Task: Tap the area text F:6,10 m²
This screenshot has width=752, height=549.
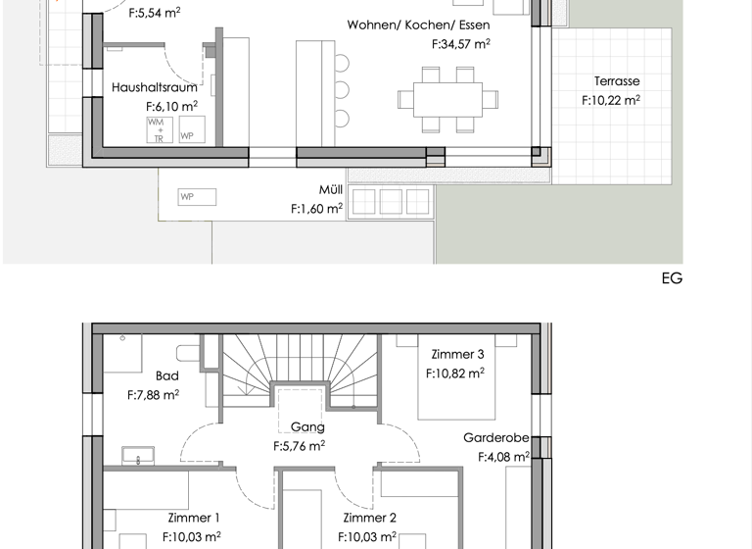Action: pyautogui.click(x=171, y=106)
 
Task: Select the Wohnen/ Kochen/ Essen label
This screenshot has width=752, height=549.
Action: pyautogui.click(x=418, y=25)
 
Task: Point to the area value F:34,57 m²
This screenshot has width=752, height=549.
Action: pyautogui.click(x=460, y=44)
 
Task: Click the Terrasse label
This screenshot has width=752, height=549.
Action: pyautogui.click(x=617, y=81)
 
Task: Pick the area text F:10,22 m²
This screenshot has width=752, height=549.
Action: pyautogui.click(x=610, y=100)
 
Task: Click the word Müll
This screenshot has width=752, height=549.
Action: pyautogui.click(x=330, y=189)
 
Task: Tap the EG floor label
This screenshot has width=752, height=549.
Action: pyautogui.click(x=672, y=278)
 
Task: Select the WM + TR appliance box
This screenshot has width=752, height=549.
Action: pyautogui.click(x=157, y=130)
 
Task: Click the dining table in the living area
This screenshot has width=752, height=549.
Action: pyautogui.click(x=441, y=98)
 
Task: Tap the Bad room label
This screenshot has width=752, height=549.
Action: pyautogui.click(x=166, y=375)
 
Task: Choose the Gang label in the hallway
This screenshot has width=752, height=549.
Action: pyautogui.click(x=307, y=426)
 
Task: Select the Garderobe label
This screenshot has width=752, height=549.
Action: pyautogui.click(x=496, y=437)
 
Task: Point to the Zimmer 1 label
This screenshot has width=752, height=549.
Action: pyautogui.click(x=193, y=518)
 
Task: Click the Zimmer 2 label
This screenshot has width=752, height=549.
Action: pyautogui.click(x=369, y=518)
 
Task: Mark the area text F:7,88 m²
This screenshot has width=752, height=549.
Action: pyautogui.click(x=154, y=395)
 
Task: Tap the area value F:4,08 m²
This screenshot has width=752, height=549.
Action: pyautogui.click(x=503, y=456)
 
